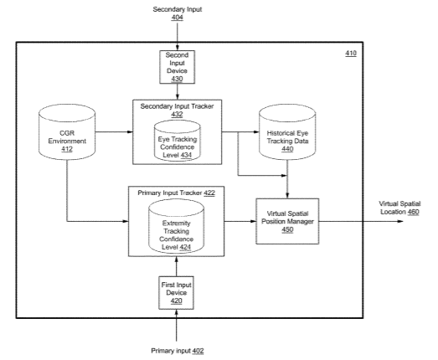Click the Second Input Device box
tap(177, 67)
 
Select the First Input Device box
tap(176, 293)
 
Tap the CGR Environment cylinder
tap(67, 132)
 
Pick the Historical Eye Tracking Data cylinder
tap(287, 132)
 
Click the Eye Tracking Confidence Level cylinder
tap(178, 141)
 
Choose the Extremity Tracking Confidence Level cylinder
tap(176, 227)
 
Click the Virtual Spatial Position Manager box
tap(287, 221)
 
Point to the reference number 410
tap(351, 53)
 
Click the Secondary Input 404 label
tap(178, 13)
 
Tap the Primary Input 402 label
tap(178, 351)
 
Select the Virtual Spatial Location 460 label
tap(399, 208)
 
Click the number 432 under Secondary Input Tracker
tap(177, 114)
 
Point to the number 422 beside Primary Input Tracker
tap(209, 193)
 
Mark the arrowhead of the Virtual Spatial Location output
tap(400, 221)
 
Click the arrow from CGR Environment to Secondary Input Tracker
tap(114, 131)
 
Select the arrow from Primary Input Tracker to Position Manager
tap(240, 221)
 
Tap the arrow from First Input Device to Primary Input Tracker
tap(176, 266)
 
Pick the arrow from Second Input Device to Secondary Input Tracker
tap(177, 91)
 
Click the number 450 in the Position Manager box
tap(287, 229)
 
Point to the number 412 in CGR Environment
tap(67, 149)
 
